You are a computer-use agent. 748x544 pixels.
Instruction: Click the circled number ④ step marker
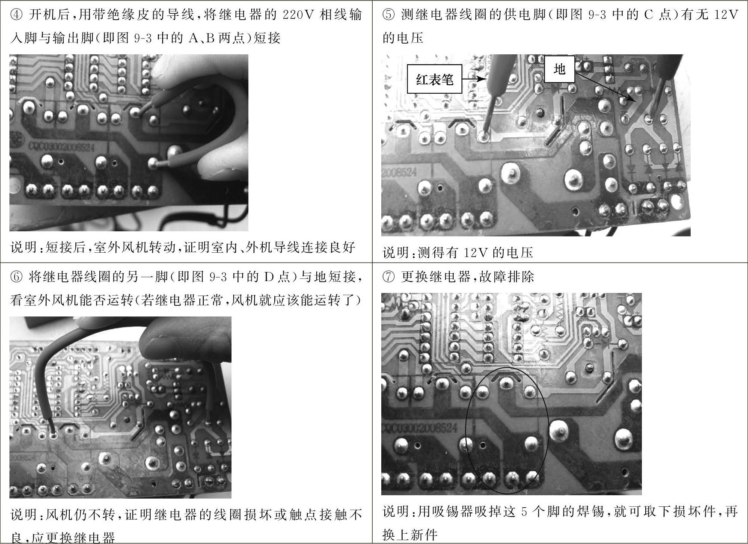tap(16, 15)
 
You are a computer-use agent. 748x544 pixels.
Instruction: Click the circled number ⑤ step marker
tap(389, 15)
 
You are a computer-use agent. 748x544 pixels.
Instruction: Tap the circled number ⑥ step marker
tap(16, 277)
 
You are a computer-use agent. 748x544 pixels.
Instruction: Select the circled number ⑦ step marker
tap(389, 277)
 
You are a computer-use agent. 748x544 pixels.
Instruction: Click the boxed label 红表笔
tap(434, 79)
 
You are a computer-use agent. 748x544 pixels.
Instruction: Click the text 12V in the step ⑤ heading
tap(726, 15)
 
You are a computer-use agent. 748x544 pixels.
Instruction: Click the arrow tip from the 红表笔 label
tap(486, 79)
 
